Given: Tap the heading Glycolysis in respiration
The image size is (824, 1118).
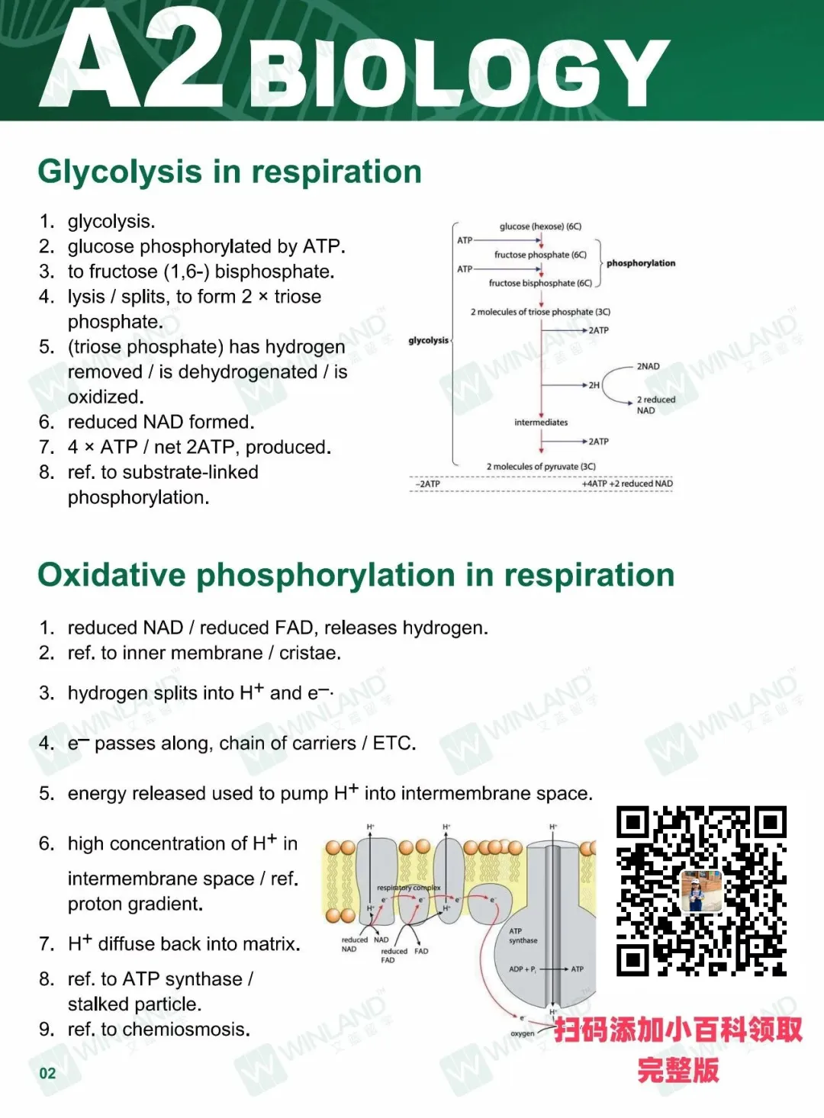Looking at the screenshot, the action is click(x=230, y=172).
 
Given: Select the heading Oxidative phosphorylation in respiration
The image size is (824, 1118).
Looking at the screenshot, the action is click(x=356, y=575).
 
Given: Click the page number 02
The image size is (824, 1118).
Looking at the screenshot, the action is click(x=47, y=1073).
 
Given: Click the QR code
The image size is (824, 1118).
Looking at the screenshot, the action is click(x=701, y=891).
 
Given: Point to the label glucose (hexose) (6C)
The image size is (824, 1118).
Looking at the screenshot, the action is click(x=540, y=226).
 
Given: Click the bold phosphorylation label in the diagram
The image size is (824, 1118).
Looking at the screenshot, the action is click(x=641, y=263).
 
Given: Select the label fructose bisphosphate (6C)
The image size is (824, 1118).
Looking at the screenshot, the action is click(x=540, y=283).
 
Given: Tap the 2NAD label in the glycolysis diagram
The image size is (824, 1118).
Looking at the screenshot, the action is click(x=648, y=366).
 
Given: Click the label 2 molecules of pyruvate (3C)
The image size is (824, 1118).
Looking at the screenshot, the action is click(x=541, y=467).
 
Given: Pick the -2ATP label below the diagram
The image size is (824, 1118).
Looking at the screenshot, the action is click(x=427, y=484).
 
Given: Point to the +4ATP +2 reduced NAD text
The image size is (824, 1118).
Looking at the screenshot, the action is click(x=627, y=484).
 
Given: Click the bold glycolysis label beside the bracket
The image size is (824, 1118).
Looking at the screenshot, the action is click(x=428, y=340).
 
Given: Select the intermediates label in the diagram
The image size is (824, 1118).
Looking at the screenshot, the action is click(x=541, y=422).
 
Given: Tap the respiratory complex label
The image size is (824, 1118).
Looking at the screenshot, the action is click(x=409, y=888).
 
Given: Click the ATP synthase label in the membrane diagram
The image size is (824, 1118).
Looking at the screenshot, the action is click(x=523, y=936).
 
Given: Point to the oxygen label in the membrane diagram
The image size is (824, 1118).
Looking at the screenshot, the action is click(x=523, y=1033).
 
